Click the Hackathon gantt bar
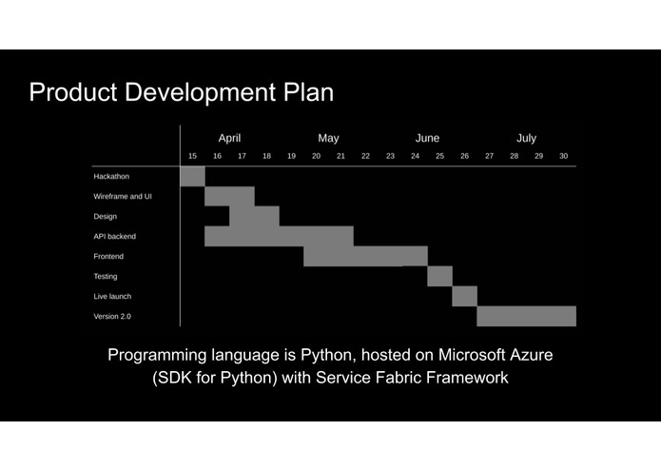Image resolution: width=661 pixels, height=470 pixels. (x=193, y=176)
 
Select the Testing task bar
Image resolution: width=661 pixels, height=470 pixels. (x=440, y=276)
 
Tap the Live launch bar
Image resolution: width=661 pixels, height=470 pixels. (x=465, y=296)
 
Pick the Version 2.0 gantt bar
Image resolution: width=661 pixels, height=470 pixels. (x=527, y=316)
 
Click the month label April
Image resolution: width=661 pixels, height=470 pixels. (x=229, y=139)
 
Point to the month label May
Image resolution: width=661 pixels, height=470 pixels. (x=328, y=139)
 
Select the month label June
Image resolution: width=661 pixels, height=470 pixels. (x=427, y=138)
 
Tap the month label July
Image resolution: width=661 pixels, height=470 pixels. (x=527, y=139)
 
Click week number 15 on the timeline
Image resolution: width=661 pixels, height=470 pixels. (x=193, y=156)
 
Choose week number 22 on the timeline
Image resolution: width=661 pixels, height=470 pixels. (x=365, y=156)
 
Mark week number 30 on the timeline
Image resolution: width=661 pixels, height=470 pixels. (x=564, y=156)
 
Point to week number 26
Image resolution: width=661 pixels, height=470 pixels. (x=464, y=156)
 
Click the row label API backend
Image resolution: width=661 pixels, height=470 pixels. (x=115, y=237)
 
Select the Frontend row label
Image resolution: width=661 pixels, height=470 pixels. (x=108, y=256)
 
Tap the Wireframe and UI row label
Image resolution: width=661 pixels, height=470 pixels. (x=123, y=196)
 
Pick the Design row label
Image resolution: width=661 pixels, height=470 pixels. (x=106, y=217)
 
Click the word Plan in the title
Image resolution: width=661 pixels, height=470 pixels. (x=308, y=92)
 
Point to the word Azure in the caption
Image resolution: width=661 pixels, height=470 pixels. (x=531, y=355)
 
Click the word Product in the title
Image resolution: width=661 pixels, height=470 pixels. (x=73, y=92)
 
